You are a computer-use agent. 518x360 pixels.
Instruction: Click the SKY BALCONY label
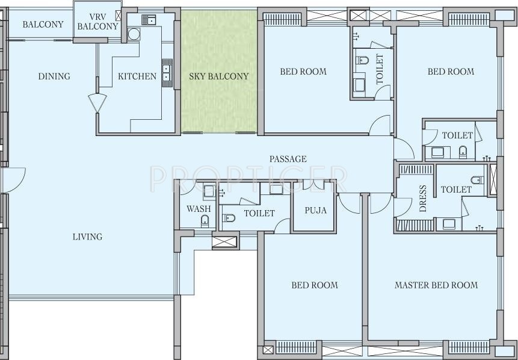pyautogui.click(x=219, y=76)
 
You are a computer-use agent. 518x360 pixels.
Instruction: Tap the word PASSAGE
pyautogui.click(x=288, y=159)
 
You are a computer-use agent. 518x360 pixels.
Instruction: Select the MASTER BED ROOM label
pyautogui.click(x=436, y=285)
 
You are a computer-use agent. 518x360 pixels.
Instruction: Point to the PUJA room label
pyautogui.click(x=315, y=210)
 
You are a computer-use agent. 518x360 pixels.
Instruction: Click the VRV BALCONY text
pyautogui.click(x=98, y=22)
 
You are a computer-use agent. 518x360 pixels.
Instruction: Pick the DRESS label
pyautogui.click(x=423, y=198)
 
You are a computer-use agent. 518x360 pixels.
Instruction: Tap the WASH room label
pyautogui.click(x=199, y=209)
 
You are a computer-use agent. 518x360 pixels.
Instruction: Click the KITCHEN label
pyautogui.click(x=137, y=76)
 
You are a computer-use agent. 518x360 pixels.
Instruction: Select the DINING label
pyautogui.click(x=54, y=76)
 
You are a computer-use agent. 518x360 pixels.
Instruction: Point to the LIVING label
pyautogui.click(x=88, y=237)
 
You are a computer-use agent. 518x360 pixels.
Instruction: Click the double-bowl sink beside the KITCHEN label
pyautogui.click(x=167, y=73)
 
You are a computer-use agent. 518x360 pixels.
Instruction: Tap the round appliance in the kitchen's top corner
pyautogui.click(x=134, y=34)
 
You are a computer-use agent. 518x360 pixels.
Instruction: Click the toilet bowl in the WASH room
pyautogui.click(x=205, y=220)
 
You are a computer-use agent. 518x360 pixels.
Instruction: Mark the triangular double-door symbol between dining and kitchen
pyautogui.click(x=97, y=102)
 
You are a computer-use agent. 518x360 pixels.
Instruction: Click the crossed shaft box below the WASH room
pyautogui.click(x=224, y=241)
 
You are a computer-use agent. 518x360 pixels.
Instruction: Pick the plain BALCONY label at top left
pyautogui.click(x=43, y=25)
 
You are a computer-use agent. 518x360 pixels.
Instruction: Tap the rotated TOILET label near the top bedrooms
pyautogui.click(x=380, y=69)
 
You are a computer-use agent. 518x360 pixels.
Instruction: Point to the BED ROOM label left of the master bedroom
pyautogui.click(x=315, y=285)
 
